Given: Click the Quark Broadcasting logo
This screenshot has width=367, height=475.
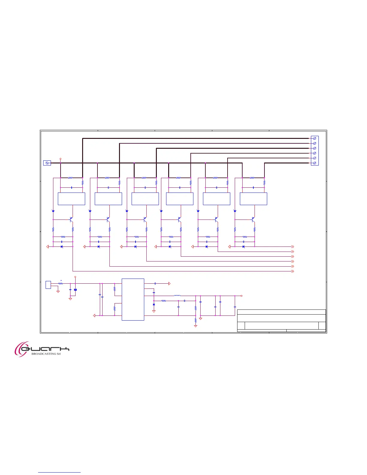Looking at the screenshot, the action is [42, 349].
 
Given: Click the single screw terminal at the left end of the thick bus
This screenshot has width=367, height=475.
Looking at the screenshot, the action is [47, 163].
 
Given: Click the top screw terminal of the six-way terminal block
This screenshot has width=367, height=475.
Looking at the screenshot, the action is [315, 139].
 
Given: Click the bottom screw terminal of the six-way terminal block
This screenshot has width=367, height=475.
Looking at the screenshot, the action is [315, 163].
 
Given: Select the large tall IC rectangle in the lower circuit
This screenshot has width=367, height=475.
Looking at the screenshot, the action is [133, 299].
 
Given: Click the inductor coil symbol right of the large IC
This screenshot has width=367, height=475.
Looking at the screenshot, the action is [177, 296].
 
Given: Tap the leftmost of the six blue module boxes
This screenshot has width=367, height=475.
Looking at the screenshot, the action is [71, 199].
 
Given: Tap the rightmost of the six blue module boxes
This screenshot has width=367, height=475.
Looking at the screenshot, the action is [253, 199].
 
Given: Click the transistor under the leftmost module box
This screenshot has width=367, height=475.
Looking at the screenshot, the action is [71, 220].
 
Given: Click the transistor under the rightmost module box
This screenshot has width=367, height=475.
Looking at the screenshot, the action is [253, 220].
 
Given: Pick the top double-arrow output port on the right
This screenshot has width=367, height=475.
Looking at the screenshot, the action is [293, 246].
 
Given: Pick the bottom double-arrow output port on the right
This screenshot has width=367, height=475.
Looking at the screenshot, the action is [293, 271].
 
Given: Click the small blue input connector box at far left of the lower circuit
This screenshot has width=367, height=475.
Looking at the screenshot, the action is [48, 285].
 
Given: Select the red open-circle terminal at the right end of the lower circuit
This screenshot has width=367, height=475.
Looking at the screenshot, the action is [241, 296].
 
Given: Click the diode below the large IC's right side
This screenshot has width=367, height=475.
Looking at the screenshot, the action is [154, 304].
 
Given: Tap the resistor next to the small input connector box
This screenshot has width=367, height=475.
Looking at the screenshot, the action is [60, 283].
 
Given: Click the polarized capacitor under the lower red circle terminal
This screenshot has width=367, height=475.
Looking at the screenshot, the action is [75, 290].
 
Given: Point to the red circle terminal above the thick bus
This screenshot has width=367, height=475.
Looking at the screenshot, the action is [61, 159].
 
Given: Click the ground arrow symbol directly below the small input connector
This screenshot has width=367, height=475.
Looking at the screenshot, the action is [58, 291].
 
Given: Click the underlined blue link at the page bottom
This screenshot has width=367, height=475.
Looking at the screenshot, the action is [59, 472].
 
